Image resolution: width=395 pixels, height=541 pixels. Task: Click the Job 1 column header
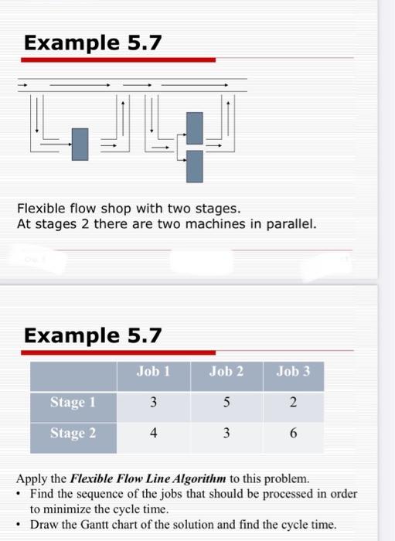[x=153, y=372]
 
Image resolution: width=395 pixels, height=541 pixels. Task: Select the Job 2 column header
[x=226, y=372]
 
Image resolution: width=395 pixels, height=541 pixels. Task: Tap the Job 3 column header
[x=293, y=372]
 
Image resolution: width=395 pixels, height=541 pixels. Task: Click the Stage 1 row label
[x=73, y=402]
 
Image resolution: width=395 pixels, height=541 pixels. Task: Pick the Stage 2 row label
[x=73, y=433]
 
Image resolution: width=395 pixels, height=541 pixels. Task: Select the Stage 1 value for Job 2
[x=226, y=403]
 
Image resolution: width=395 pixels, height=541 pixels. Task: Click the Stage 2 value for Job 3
[x=293, y=434]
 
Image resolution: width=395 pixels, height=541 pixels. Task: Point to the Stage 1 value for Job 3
[x=293, y=403]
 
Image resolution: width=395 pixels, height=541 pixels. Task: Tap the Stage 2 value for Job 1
[x=153, y=434]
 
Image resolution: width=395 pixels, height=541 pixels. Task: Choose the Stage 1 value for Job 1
[x=153, y=403]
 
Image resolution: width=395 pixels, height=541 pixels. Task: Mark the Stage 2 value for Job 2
[x=226, y=434]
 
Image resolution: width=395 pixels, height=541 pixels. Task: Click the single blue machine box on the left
[x=80, y=144]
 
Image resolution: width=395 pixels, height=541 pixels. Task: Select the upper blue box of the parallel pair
[x=195, y=126]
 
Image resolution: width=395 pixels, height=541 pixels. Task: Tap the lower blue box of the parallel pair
[x=195, y=165]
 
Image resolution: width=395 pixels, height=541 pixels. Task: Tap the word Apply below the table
[x=32, y=478]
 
